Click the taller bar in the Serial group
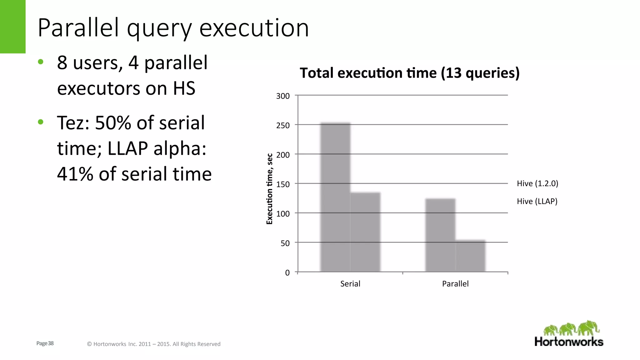[x=335, y=197]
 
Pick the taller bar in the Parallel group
[x=440, y=235]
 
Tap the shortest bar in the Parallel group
[x=470, y=256]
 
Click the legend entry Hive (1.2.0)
[x=537, y=183]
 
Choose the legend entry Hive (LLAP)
[x=537, y=201]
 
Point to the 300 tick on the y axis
[x=283, y=96]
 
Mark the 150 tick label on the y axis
[x=283, y=184]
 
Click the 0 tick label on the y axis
[x=287, y=273]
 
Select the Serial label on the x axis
[x=350, y=284]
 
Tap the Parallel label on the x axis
[x=455, y=284]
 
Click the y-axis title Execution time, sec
[x=269, y=189]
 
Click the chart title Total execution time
[x=409, y=73]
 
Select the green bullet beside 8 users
[x=40, y=62]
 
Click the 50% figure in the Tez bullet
[x=113, y=122]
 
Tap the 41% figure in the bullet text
[x=75, y=174]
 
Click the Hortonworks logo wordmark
[x=569, y=342]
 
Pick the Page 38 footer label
[x=45, y=343]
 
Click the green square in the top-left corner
[x=12, y=27]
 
